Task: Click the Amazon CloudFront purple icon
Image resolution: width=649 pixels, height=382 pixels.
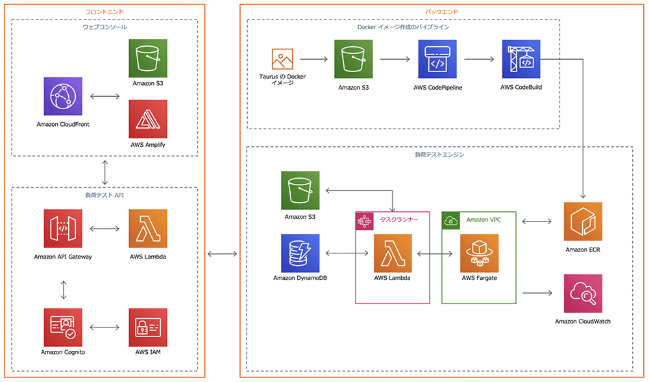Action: (x=63, y=96)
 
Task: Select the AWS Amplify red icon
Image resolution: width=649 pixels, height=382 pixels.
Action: (x=148, y=118)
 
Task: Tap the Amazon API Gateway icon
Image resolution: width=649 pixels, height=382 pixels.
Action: (x=63, y=228)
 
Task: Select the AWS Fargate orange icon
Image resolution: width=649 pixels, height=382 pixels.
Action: (x=480, y=253)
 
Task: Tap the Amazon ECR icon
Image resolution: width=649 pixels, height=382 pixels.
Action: (x=583, y=222)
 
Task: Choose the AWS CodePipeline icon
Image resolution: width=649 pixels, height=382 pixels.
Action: (x=437, y=58)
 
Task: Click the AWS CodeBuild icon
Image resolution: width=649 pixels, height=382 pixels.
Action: (x=520, y=58)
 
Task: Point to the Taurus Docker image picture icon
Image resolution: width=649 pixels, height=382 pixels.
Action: (x=282, y=59)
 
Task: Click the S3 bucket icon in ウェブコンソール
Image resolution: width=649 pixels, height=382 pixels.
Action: (x=148, y=58)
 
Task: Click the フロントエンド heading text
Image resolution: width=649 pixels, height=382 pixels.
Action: (x=104, y=12)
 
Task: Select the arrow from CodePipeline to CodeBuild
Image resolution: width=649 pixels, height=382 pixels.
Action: (x=479, y=59)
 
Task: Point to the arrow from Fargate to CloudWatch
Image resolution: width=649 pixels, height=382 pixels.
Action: (x=536, y=293)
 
